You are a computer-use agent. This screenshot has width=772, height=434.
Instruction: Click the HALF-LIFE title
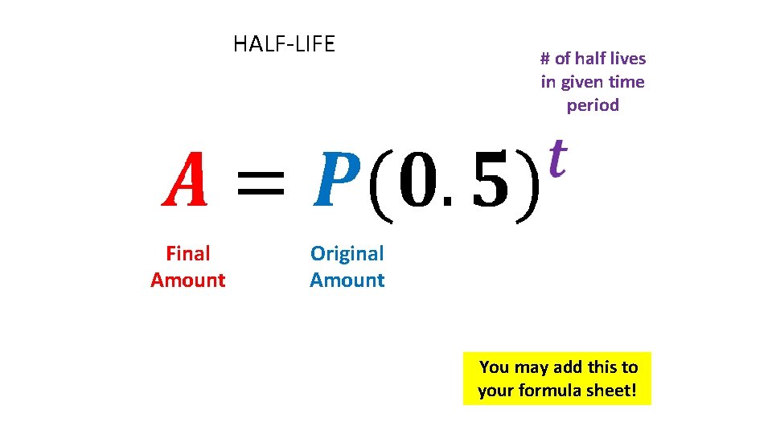(x=284, y=43)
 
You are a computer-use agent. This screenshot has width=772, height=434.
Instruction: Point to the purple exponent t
(x=556, y=151)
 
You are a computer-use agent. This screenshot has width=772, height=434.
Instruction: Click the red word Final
(x=187, y=254)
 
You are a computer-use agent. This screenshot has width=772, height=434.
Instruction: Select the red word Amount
(x=187, y=280)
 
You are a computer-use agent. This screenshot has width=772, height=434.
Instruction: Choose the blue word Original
(x=347, y=254)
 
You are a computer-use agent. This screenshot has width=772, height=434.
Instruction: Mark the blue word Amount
(x=347, y=280)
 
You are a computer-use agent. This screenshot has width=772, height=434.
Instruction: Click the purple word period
(x=593, y=106)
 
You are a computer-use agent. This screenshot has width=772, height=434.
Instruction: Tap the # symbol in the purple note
(x=545, y=59)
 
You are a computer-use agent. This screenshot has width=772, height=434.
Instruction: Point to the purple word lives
(x=627, y=59)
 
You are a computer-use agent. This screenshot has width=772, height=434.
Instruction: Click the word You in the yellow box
(x=495, y=367)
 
